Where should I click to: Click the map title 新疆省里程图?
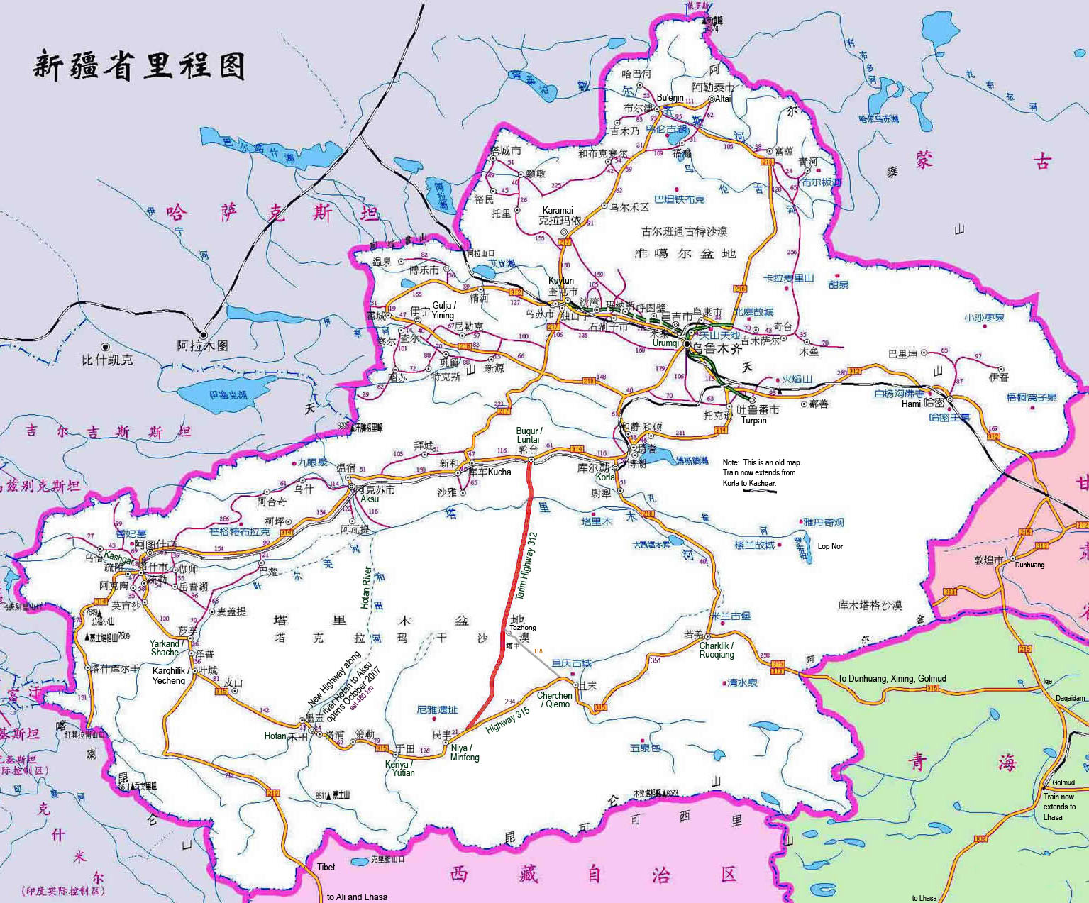point(139,66)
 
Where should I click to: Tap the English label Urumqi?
point(665,343)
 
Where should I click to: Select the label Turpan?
point(753,420)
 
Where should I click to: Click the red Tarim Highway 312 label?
point(526,568)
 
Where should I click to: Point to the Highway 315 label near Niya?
point(507,720)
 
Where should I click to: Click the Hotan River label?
point(365,587)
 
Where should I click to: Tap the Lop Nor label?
point(830,546)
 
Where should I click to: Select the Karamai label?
point(557,210)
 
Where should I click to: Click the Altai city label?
point(722,99)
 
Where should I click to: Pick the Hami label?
point(911,404)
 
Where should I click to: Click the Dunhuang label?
point(1029,565)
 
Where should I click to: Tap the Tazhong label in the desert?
point(523,628)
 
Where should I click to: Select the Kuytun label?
point(560,281)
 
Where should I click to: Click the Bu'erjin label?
point(670,97)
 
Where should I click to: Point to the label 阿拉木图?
point(202,345)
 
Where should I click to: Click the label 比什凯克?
point(106,360)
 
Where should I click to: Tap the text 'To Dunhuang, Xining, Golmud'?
point(892,678)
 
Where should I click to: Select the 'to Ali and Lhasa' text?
point(357,897)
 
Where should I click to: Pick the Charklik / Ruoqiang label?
point(717,650)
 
